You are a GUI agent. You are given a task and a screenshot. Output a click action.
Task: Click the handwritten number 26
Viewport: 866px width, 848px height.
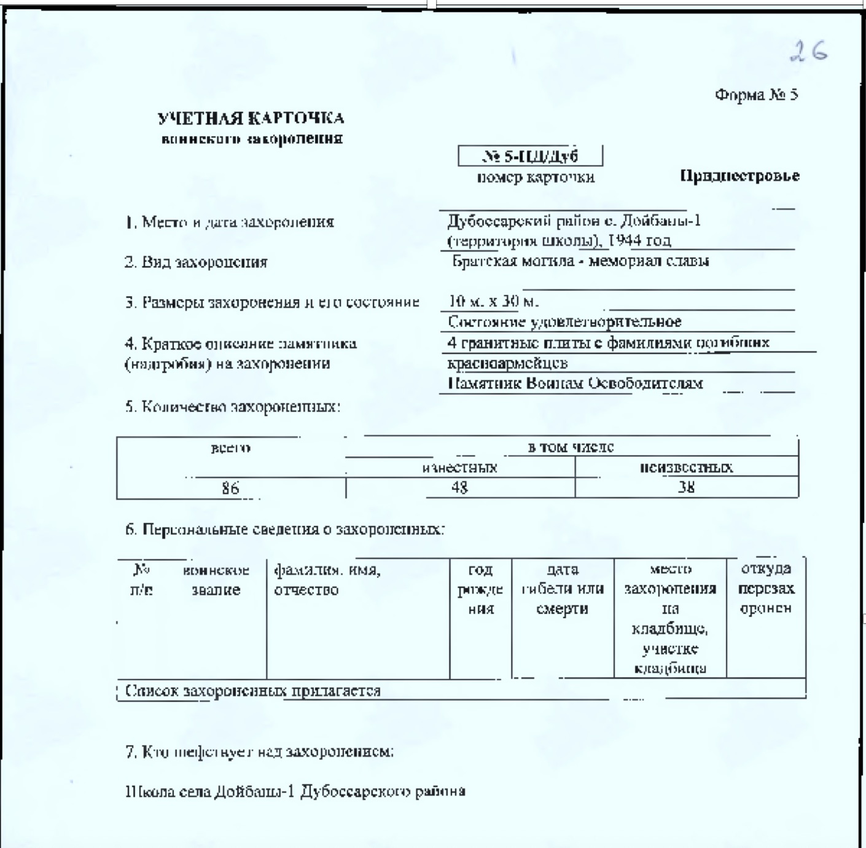[809, 51]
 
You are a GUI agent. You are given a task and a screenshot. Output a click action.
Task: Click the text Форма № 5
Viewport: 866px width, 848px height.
[756, 95]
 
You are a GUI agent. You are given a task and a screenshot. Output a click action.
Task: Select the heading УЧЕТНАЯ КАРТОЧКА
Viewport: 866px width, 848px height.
[251, 118]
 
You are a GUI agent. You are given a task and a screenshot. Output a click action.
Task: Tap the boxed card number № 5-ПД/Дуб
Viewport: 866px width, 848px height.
[530, 156]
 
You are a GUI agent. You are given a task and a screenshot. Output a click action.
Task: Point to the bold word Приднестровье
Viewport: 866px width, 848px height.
[739, 176]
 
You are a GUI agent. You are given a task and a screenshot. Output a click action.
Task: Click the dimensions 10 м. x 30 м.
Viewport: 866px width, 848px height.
[494, 301]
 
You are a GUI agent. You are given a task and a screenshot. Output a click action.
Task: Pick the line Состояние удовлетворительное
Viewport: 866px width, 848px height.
[564, 321]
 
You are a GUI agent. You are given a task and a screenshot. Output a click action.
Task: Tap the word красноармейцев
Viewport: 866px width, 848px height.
[507, 363]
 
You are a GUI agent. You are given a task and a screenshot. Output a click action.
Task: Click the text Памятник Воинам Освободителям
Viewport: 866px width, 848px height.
[575, 383]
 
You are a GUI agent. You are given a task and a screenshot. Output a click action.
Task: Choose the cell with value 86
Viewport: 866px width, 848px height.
[230, 488]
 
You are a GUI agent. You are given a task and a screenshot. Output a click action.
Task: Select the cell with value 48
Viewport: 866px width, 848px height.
[459, 487]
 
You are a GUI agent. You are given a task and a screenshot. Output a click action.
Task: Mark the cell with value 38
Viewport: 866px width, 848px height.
[686, 487]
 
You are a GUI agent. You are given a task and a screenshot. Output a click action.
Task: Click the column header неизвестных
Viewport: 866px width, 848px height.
[686, 467]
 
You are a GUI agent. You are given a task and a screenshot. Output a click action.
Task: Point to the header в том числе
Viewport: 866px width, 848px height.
[571, 447]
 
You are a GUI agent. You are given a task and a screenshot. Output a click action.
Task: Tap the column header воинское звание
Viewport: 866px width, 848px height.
[216, 579]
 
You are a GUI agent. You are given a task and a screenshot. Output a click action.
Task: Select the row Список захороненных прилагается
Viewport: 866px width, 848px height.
[253, 691]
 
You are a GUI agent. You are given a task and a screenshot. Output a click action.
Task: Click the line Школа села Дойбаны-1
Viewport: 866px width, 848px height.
[295, 791]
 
